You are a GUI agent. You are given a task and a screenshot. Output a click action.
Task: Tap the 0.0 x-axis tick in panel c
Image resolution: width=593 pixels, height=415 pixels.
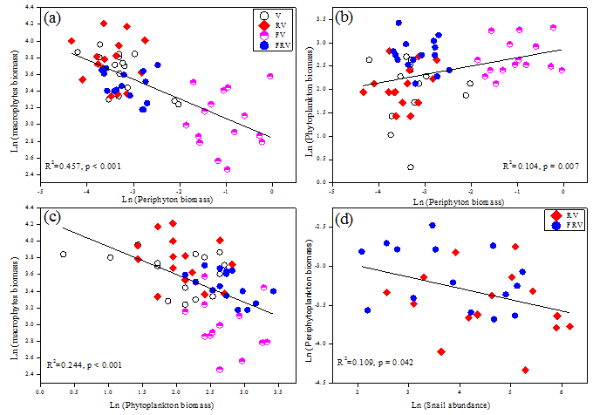(40, 390)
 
